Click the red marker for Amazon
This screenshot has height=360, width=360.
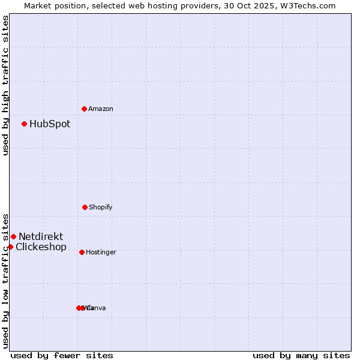[x=84, y=109]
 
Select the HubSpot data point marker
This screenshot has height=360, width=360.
[x=24, y=124]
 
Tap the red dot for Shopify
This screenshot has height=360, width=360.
[x=85, y=207]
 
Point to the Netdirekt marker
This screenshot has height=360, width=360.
[x=13, y=236]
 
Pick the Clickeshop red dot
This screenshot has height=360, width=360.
[x=10, y=247]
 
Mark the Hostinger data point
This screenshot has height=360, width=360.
[x=82, y=252]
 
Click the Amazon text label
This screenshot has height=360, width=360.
[x=101, y=109]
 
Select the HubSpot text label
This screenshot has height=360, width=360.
[x=50, y=124]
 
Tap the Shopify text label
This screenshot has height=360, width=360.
[x=101, y=208]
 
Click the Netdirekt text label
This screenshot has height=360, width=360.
[x=41, y=237]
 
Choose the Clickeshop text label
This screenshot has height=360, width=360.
[x=41, y=247]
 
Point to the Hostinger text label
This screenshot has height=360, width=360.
[x=101, y=253]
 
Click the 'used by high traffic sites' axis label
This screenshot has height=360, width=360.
[x=5, y=85]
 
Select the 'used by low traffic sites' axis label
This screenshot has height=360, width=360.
[x=5, y=280]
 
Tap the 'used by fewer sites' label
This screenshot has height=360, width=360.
[x=62, y=355]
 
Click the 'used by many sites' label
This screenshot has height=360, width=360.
[x=301, y=355]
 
